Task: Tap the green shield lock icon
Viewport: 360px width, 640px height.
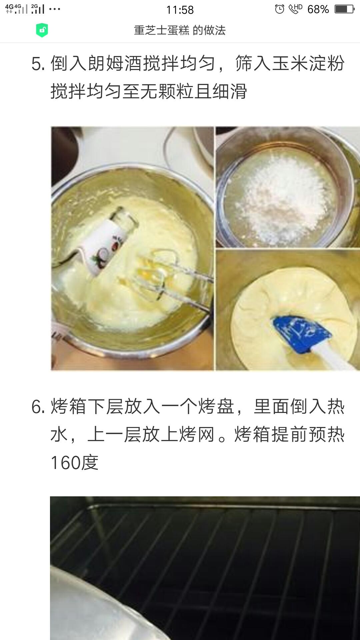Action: (42, 30)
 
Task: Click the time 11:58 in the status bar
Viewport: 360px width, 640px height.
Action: (180, 10)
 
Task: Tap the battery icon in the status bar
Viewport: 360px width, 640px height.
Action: (345, 9)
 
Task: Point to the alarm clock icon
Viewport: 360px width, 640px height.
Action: (280, 9)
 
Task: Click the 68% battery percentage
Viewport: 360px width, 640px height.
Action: (318, 9)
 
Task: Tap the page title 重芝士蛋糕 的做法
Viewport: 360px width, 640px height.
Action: (180, 30)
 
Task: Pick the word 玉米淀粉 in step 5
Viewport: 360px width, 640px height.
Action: (308, 63)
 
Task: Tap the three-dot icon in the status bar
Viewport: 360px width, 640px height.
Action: (55, 9)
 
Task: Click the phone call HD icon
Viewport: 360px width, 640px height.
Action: (295, 9)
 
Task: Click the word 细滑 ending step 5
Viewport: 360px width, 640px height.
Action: (229, 91)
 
